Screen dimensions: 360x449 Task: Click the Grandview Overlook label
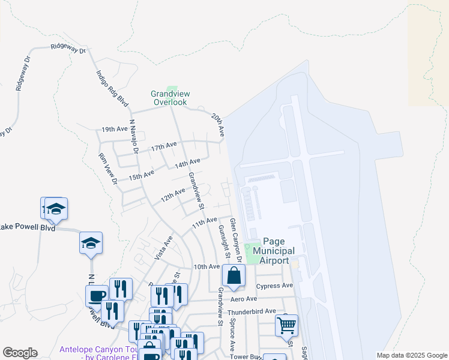169,98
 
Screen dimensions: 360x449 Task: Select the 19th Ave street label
115,130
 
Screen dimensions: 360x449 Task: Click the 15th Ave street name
142,175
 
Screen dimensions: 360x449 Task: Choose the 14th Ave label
187,163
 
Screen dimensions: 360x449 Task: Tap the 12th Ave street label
173,194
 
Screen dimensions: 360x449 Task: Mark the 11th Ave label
203,223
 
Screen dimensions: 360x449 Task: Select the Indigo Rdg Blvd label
112,89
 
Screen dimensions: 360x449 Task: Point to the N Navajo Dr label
134,139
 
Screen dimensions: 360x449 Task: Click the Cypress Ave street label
274,286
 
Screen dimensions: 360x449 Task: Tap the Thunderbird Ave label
255,311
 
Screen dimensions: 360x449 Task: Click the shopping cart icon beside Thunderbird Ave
287,325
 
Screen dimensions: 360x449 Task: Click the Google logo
20,353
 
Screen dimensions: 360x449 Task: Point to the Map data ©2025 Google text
411,355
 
